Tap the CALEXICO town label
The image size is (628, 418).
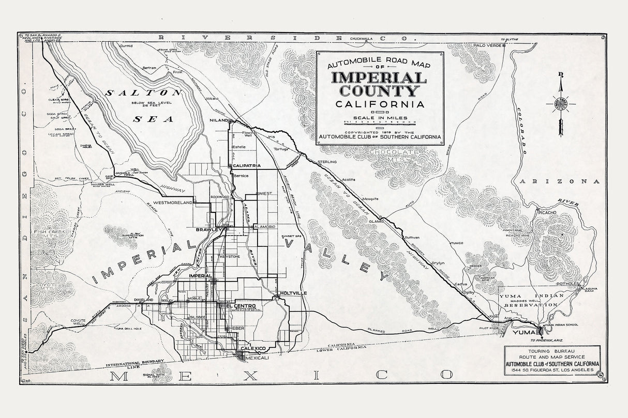point(253,349)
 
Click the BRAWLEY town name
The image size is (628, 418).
point(208,229)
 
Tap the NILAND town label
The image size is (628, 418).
point(219,120)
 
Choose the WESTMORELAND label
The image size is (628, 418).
point(173,203)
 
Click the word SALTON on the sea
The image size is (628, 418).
point(143,93)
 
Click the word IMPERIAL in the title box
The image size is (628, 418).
point(379,78)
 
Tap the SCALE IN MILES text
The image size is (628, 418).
point(380,118)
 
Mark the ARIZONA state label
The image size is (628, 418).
point(560,181)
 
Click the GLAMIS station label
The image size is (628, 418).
point(376,221)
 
